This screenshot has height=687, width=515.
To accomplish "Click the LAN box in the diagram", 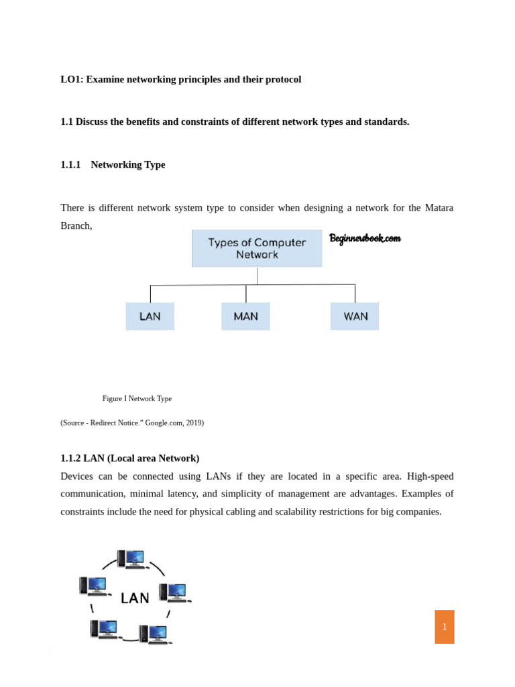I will click(x=150, y=317).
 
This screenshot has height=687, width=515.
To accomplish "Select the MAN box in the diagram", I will click(x=245, y=317).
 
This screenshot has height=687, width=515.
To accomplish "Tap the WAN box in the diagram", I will click(x=355, y=317).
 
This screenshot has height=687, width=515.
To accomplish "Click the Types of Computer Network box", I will click(x=257, y=249).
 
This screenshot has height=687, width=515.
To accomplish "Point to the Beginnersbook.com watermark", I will click(x=365, y=238).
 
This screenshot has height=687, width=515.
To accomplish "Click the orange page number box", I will click(x=444, y=627).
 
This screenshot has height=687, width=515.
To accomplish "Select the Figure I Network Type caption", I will click(x=137, y=399).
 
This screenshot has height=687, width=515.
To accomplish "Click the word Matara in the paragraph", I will click(x=439, y=208).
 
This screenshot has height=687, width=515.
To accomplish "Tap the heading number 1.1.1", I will click(x=70, y=164).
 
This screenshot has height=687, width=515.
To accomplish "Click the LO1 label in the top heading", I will click(x=70, y=79).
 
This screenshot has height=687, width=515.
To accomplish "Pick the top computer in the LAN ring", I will click(x=131, y=559).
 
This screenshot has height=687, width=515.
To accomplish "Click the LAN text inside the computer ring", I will click(x=135, y=598).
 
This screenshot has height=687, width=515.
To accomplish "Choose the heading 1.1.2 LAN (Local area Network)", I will click(x=129, y=458).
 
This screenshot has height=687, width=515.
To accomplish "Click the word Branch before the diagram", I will click(x=75, y=225).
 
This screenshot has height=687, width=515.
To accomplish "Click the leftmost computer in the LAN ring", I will click(x=93, y=586).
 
